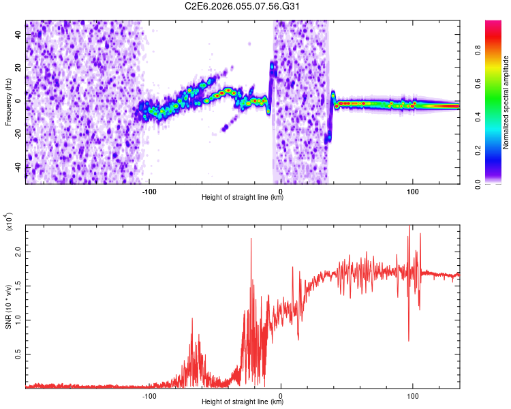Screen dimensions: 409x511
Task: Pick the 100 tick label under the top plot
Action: (412, 191)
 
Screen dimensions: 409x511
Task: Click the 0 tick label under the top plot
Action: (281, 191)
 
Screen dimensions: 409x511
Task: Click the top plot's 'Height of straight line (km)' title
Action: (243, 198)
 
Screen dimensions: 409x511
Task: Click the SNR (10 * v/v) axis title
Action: (8, 307)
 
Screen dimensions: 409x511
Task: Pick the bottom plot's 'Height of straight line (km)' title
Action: (243, 402)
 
